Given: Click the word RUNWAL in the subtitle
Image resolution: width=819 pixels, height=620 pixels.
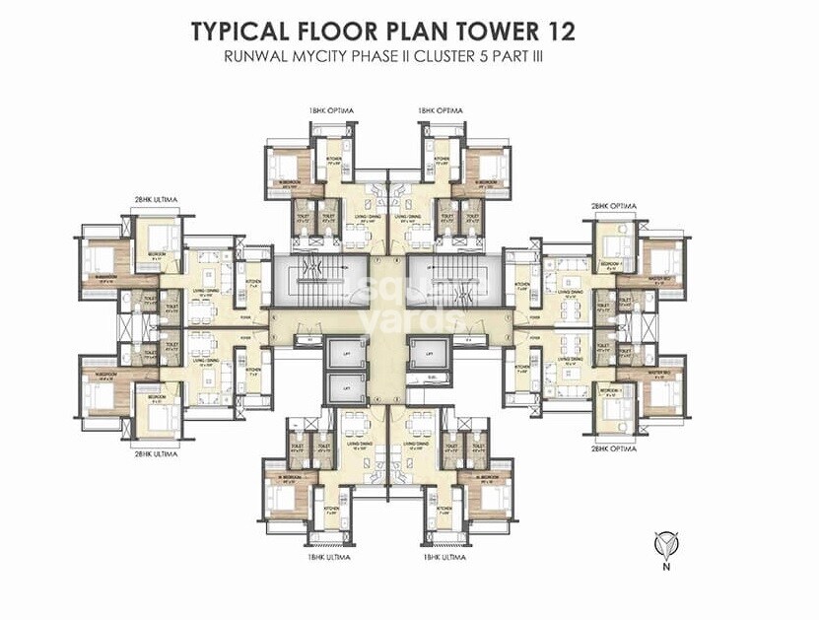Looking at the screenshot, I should click(257, 58).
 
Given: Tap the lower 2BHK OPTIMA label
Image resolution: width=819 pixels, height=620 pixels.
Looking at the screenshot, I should click(614, 448).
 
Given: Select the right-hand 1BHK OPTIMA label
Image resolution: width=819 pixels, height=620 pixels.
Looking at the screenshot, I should click(441, 110).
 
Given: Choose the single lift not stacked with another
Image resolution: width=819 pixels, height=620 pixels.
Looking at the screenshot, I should click(429, 353).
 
